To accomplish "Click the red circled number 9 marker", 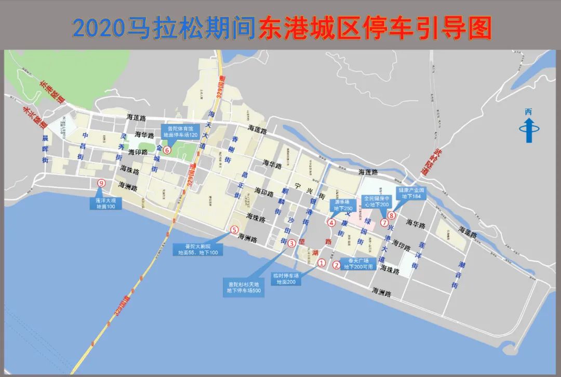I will (101, 182).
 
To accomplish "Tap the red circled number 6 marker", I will (167, 150).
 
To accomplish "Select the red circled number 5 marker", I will (234, 230).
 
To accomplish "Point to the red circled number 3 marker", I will (292, 243).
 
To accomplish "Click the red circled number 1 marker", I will (322, 263).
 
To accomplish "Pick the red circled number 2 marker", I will (337, 265).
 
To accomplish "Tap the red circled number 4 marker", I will (331, 223).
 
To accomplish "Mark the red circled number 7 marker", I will (384, 223).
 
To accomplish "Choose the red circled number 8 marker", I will (392, 215).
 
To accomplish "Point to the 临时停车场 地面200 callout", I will (286, 279).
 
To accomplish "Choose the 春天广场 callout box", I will (358, 264).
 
